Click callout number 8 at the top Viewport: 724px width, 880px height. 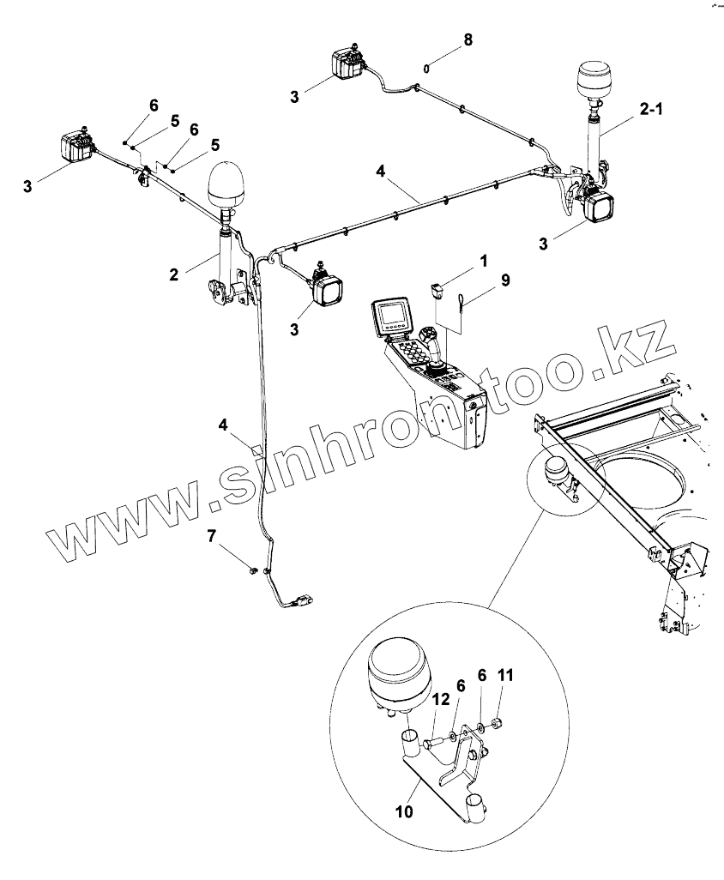point(467,39)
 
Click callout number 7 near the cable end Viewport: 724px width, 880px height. point(211,537)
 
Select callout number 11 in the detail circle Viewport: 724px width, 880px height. point(506,676)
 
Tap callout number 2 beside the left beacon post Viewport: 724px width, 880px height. point(173,274)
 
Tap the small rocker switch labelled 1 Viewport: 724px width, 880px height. point(437,289)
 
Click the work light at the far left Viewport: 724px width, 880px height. point(75,148)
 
